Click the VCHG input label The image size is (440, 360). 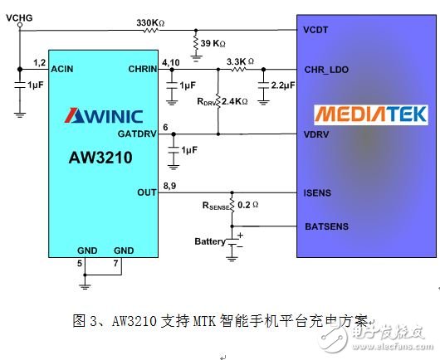click(19, 15)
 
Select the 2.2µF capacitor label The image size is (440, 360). click(282, 86)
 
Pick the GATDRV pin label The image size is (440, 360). click(137, 133)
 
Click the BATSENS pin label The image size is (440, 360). click(327, 225)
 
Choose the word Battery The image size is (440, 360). click(210, 241)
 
